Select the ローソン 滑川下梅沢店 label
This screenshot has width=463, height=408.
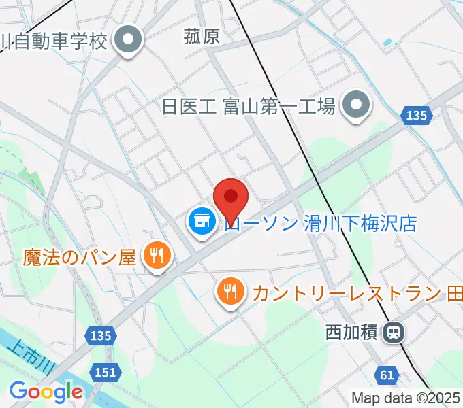click(320, 223)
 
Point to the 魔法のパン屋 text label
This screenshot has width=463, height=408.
click(80, 257)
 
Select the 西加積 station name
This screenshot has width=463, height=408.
click(351, 333)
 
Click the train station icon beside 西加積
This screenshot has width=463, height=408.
click(393, 333)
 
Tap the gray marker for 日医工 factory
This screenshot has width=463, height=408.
click(355, 105)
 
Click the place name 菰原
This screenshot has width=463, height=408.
click(202, 36)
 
